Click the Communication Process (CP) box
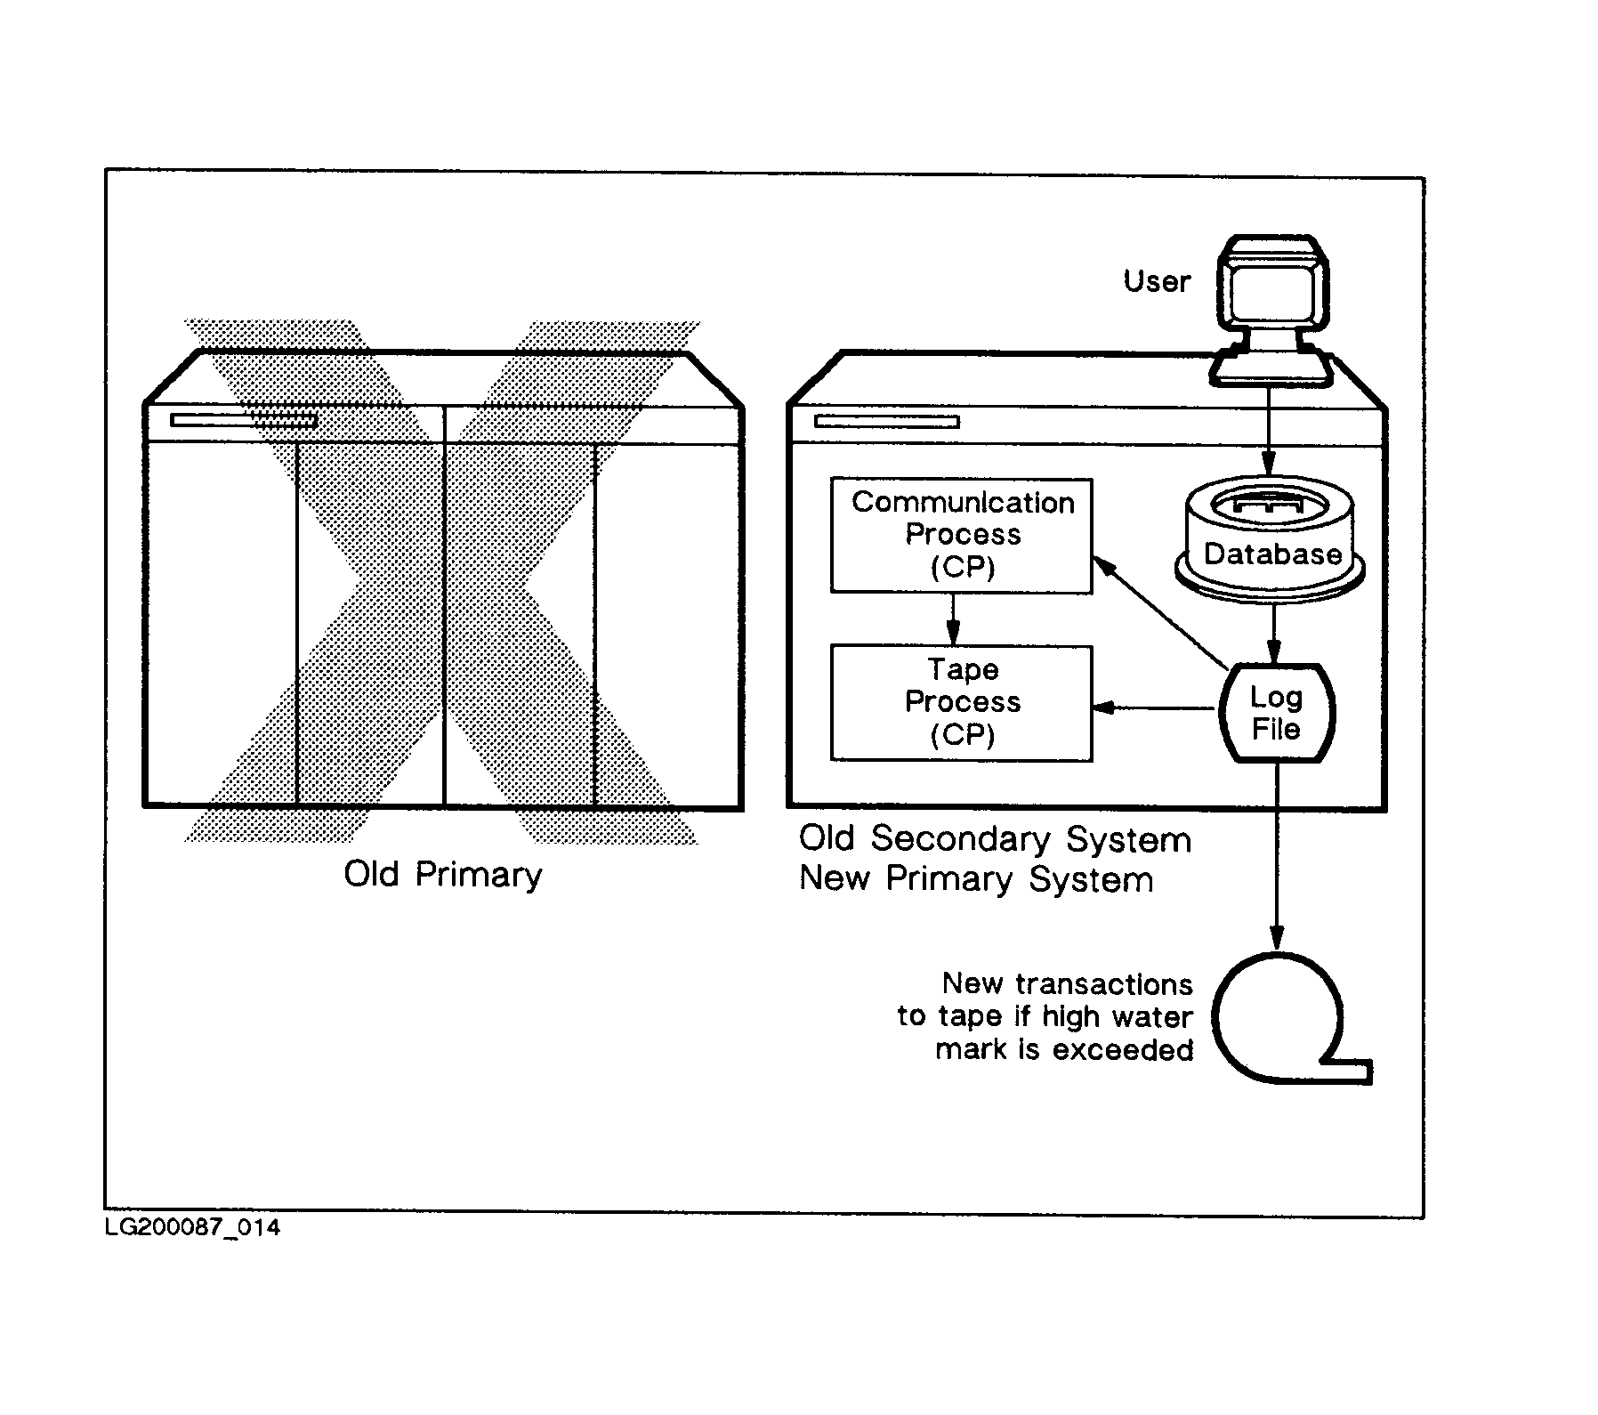961,535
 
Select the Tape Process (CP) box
961,702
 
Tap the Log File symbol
1276,713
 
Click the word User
1157,281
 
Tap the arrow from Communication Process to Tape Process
952,619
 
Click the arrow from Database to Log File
1274,634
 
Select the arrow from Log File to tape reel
1277,854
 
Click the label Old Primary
443,875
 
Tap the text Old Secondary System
995,839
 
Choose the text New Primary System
976,879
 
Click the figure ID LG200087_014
192,1228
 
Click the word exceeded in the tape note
1123,1050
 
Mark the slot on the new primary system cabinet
887,421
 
